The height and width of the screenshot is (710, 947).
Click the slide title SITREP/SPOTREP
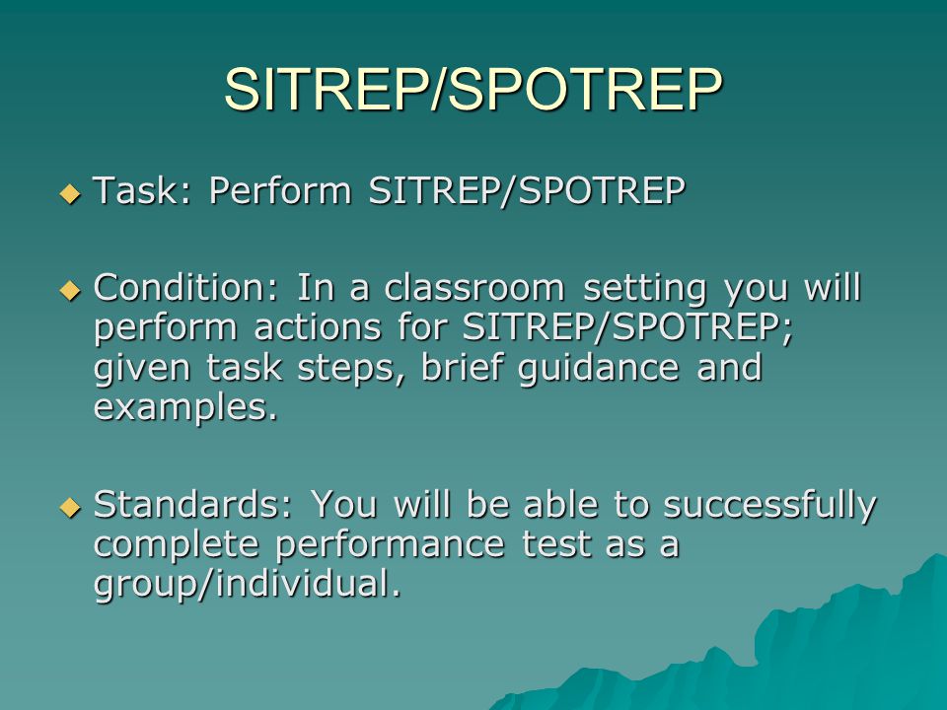[x=473, y=90]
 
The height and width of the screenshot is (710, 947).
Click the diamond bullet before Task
[x=68, y=193]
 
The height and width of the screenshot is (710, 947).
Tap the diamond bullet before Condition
[x=68, y=292]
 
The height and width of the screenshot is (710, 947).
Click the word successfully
[x=769, y=506]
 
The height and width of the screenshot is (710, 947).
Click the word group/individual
[x=247, y=585]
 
